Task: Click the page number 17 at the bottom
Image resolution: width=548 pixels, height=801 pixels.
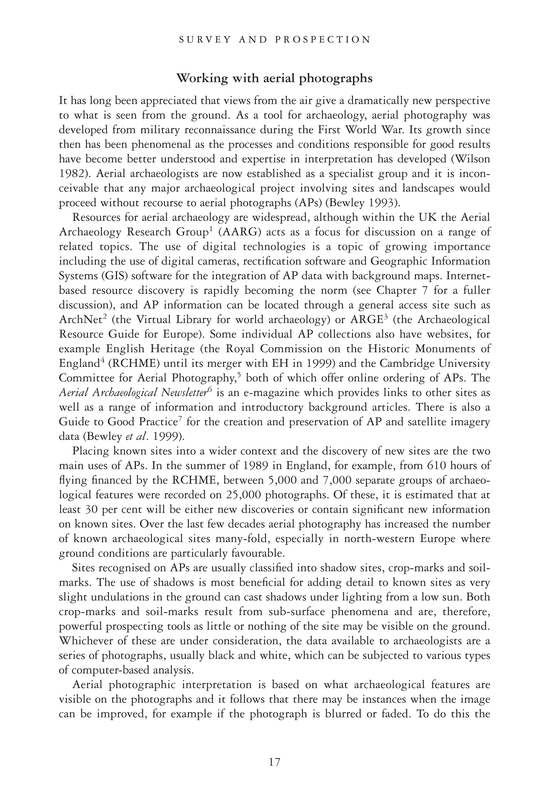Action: tap(274, 762)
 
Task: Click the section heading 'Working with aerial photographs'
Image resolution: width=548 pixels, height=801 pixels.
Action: tap(274, 79)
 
